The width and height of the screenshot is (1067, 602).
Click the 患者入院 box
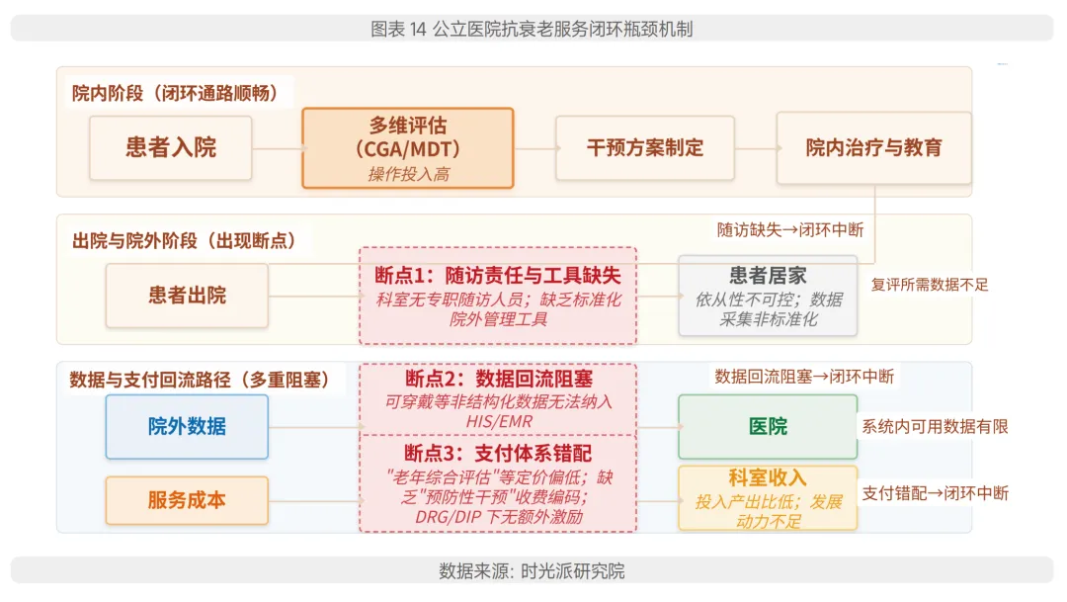click(x=170, y=148)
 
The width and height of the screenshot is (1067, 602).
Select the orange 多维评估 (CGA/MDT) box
click(x=407, y=148)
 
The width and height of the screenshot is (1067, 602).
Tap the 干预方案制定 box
click(x=644, y=148)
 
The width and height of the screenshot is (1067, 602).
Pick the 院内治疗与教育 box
click(x=873, y=148)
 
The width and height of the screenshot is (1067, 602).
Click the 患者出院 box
click(x=187, y=295)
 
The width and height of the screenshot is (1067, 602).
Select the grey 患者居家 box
click(x=768, y=295)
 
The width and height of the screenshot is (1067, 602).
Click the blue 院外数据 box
click(x=187, y=426)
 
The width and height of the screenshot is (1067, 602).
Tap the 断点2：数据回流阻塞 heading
click(x=498, y=379)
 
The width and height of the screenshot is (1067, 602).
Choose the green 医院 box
click(x=768, y=426)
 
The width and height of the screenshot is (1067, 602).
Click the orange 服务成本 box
click(x=187, y=500)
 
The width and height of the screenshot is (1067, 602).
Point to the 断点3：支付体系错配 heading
click(x=498, y=452)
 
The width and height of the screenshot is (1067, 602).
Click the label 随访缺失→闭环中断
click(x=789, y=229)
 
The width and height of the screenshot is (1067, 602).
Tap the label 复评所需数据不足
click(x=929, y=285)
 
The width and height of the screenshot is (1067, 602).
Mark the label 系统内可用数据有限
click(x=935, y=426)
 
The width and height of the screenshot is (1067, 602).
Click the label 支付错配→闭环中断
click(x=935, y=492)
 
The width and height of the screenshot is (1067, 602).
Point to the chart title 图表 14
click(x=532, y=29)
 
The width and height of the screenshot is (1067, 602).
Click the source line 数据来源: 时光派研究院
click(x=532, y=571)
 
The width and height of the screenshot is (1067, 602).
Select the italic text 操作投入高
click(x=407, y=174)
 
